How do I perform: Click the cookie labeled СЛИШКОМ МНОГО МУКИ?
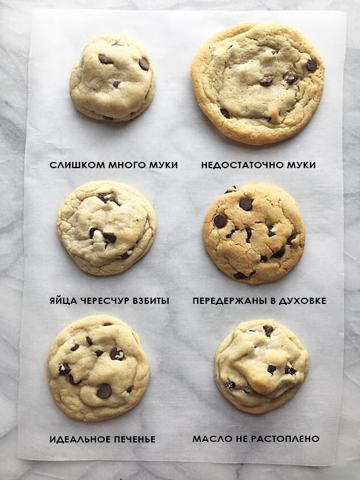click(x=112, y=77)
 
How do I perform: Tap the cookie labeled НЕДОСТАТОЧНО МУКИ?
click(x=257, y=84)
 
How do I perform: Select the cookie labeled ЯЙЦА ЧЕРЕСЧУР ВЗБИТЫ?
click(x=107, y=228)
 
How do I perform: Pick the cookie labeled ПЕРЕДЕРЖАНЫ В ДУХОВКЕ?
click(x=254, y=233)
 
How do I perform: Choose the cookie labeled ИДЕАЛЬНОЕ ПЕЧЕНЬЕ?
click(x=99, y=368)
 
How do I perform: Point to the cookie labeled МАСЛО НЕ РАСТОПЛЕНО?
click(x=262, y=366)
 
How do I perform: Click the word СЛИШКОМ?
click(x=77, y=165)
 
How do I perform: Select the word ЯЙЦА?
click(x=64, y=301)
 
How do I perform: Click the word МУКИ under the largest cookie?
click(x=301, y=165)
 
